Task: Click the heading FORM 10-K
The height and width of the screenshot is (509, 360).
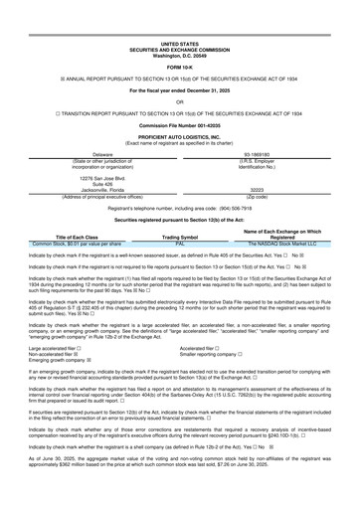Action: (179, 40)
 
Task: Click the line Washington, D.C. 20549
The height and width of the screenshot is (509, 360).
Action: (179, 27)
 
